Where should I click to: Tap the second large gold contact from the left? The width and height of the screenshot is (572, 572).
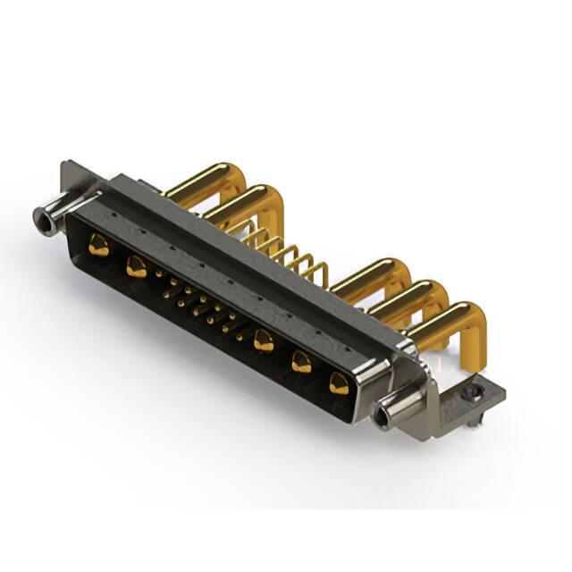(x=136, y=265)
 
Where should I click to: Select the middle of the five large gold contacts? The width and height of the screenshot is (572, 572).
(x=263, y=341)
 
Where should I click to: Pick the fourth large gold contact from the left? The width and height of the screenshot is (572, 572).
(x=301, y=361)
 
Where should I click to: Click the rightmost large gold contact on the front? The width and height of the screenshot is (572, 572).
(x=339, y=383)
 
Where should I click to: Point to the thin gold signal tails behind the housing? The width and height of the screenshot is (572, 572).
(x=286, y=250)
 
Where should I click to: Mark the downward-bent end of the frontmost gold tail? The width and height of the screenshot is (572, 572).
(x=474, y=335)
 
